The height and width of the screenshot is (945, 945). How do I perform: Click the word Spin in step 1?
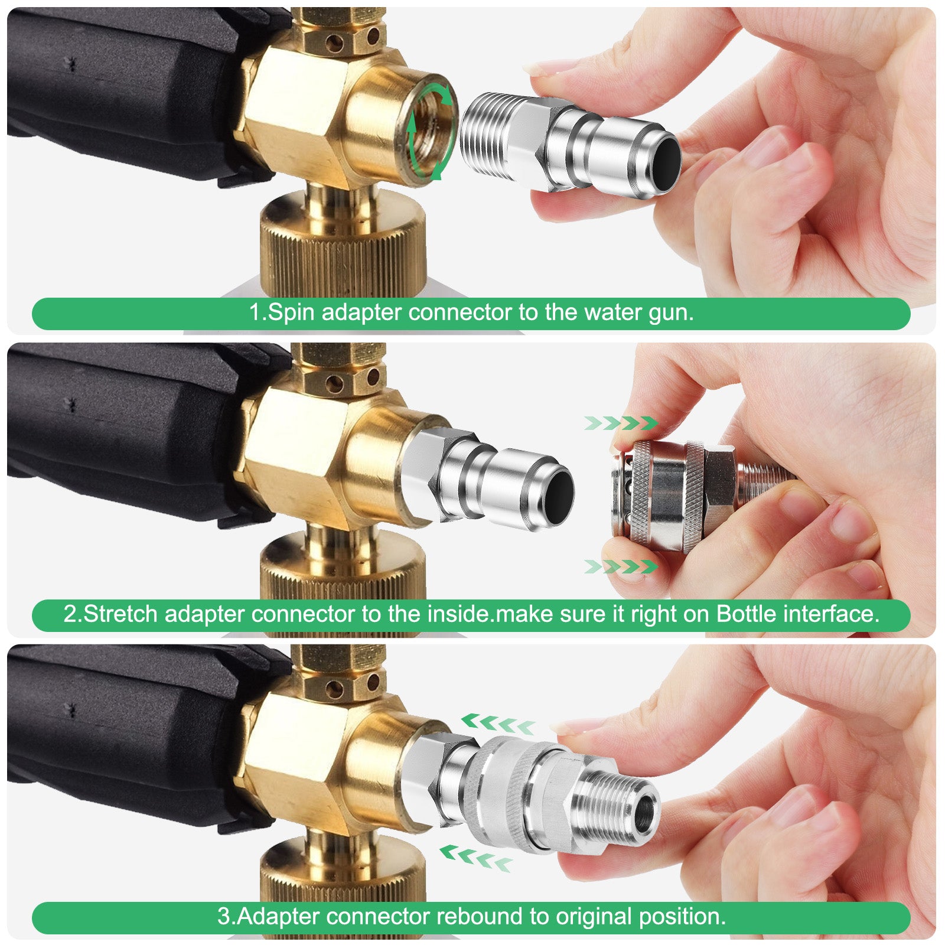(x=291, y=312)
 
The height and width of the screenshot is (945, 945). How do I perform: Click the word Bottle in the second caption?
(x=746, y=614)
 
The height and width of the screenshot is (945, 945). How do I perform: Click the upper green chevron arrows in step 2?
(x=621, y=423)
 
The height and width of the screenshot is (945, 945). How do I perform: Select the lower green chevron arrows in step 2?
(x=621, y=567)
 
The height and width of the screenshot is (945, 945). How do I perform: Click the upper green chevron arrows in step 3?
(x=498, y=723)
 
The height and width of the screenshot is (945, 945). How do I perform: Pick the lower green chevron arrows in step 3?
(x=476, y=856)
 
